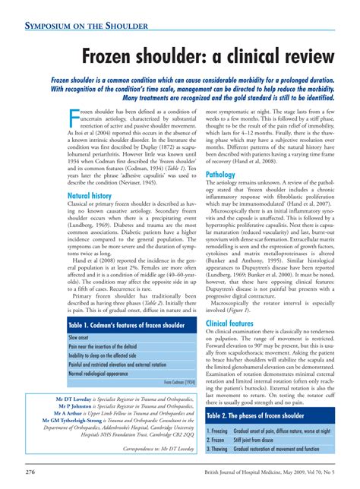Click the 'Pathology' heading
click(221, 175)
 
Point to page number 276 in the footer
click(30, 472)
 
